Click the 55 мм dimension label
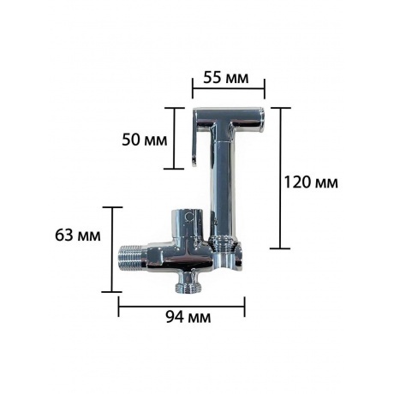[x=226, y=77]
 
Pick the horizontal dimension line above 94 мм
[x=182, y=301]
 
